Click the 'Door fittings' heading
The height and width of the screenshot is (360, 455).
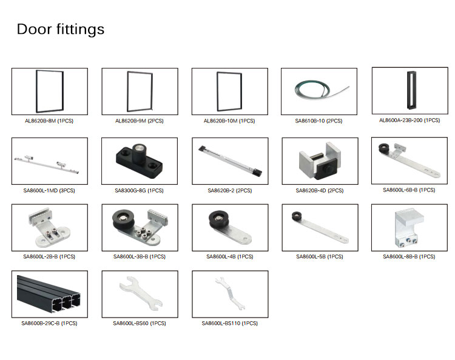[60, 29]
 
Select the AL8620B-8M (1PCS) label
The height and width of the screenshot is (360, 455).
[49, 121]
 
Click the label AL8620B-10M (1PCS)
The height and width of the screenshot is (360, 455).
[229, 121]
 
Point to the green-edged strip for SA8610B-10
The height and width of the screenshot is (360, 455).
[318, 92]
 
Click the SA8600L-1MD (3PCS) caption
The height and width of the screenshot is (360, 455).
[49, 190]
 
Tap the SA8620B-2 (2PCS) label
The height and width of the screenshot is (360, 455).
[229, 190]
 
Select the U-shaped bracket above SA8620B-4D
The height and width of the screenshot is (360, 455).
[318, 160]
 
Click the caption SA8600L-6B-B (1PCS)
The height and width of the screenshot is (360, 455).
[409, 190]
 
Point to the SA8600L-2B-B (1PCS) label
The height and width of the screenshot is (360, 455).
[49, 256]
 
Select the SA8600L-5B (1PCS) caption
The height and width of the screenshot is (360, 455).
[319, 256]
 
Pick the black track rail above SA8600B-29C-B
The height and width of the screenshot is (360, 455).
[49, 293]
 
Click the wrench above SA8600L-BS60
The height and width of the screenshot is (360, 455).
[139, 293]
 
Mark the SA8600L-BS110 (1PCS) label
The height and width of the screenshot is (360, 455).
[229, 323]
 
